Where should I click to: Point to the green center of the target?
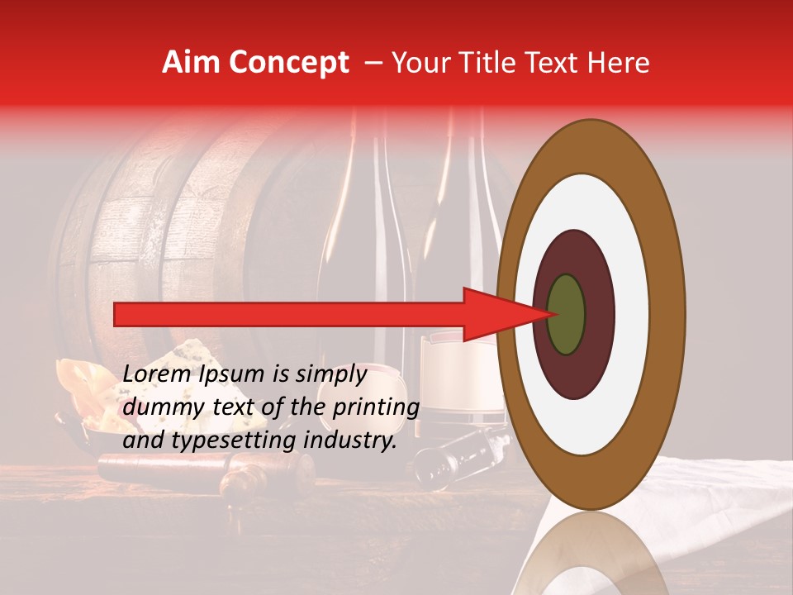pyautogui.click(x=567, y=314)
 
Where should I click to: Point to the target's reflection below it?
pyautogui.click(x=591, y=554)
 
